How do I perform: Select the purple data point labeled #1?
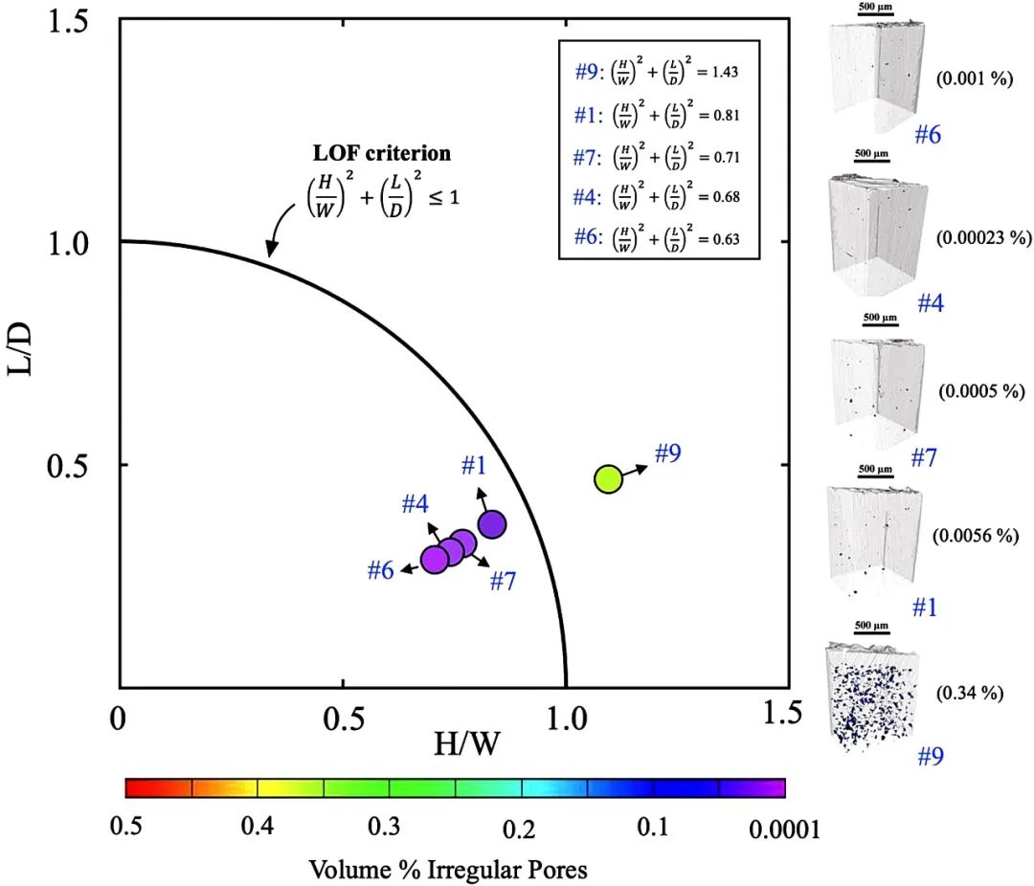[x=492, y=524]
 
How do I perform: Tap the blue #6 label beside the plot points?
[x=381, y=571]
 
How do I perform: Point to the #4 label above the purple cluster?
[x=414, y=503]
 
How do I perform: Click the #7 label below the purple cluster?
[x=503, y=580]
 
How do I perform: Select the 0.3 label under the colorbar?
[x=384, y=827]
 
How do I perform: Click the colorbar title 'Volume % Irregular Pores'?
[x=448, y=870]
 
